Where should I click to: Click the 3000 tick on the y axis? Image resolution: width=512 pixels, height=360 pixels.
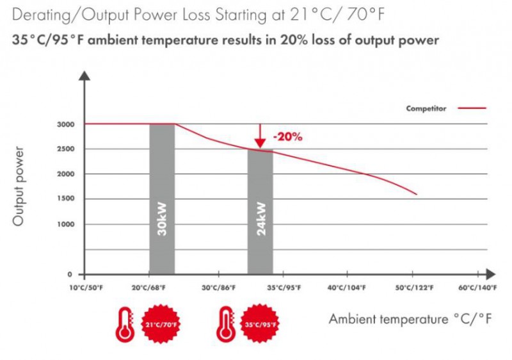pos(65,124)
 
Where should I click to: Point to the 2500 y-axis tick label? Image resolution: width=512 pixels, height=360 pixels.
pos(65,149)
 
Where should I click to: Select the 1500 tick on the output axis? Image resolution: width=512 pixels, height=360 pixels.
pos(65,199)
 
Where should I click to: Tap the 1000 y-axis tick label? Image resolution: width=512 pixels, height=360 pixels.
pos(65,224)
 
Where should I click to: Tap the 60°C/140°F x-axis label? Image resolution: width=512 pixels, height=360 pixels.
pos(477,288)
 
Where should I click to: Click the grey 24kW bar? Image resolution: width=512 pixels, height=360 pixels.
pos(260,211)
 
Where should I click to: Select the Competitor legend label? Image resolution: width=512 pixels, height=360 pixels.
pos(426,109)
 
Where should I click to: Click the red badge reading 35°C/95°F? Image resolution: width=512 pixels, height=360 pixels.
pos(260,323)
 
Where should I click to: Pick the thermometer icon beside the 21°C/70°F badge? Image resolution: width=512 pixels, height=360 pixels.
pos(124,323)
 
